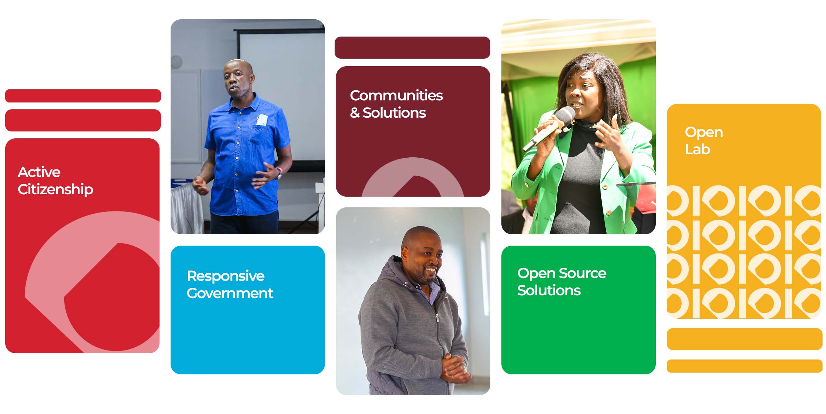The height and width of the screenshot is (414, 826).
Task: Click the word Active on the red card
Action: point(39,172)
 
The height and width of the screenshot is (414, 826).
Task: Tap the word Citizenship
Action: point(55,189)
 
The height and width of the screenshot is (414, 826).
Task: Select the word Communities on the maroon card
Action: point(396,96)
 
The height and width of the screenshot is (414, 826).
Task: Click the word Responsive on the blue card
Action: point(225,276)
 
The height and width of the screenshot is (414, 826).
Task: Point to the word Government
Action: point(230,293)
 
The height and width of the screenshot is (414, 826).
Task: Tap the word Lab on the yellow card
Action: point(698,149)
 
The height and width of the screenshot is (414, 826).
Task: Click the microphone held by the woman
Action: point(549,128)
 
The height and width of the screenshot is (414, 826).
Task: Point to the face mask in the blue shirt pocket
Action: point(262,120)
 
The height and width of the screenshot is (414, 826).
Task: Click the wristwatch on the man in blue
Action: point(279,173)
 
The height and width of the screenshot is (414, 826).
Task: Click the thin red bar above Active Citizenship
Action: point(83,96)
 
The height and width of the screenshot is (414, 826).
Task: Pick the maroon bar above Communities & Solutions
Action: point(412,48)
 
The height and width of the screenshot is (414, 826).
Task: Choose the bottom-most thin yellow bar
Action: point(745,366)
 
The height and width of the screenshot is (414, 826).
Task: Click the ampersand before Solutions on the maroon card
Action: point(355,113)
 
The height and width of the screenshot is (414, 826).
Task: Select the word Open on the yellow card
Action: point(704,132)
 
